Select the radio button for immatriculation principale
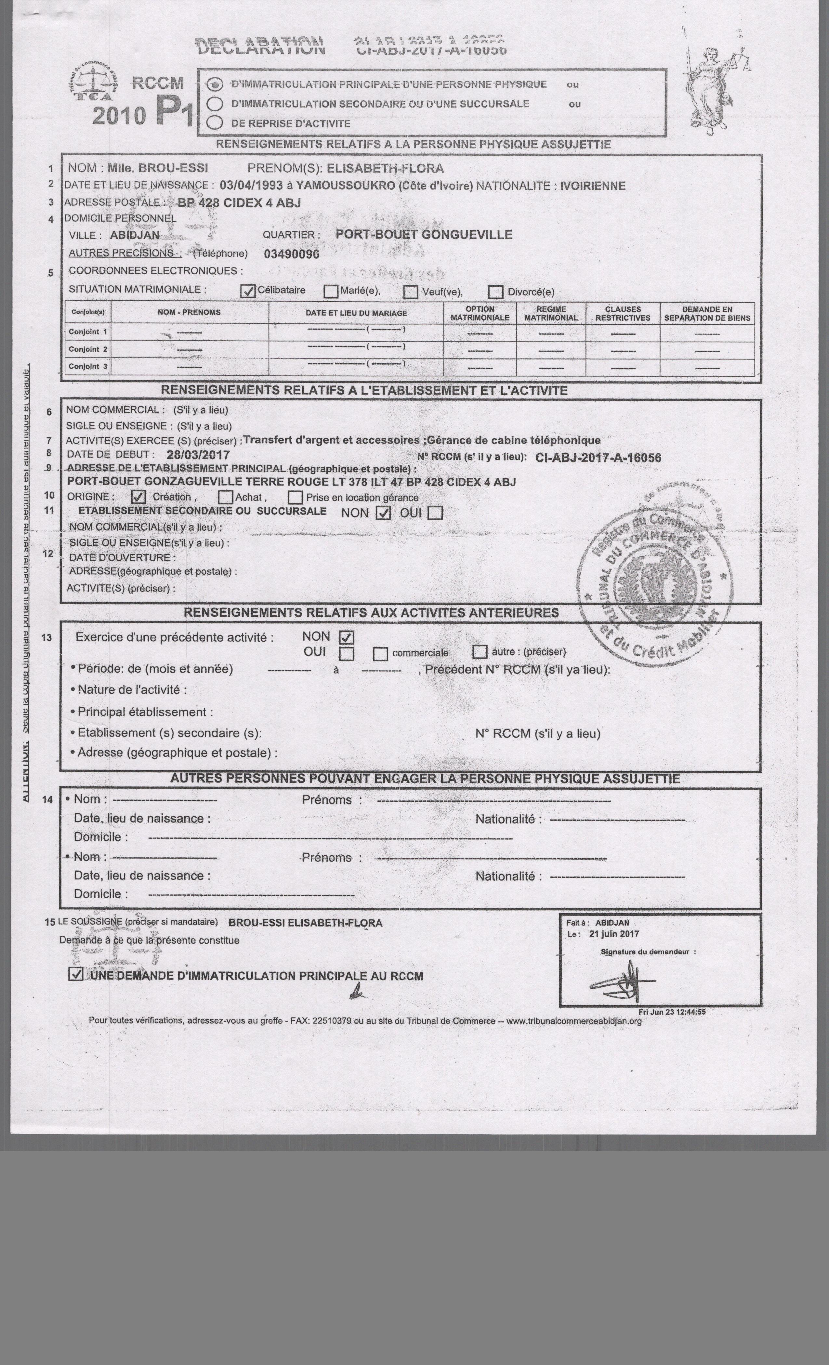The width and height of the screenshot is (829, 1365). click(215, 85)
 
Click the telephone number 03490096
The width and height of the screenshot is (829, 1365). click(292, 254)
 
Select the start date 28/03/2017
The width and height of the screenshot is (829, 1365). click(198, 455)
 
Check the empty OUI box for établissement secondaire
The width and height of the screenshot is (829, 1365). click(436, 513)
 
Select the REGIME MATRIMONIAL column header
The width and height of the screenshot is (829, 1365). click(551, 314)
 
